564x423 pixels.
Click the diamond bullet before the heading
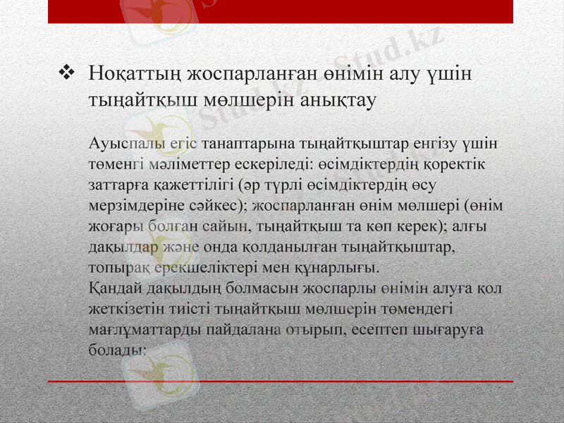69,71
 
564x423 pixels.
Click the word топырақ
117,269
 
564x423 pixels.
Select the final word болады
117,350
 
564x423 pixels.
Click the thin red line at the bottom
282,381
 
